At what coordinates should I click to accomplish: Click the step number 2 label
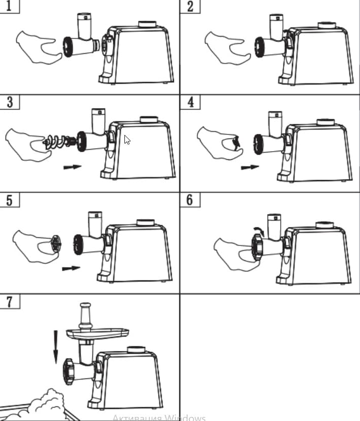190,7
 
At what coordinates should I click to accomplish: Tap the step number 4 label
190,102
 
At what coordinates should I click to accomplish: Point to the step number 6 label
190,200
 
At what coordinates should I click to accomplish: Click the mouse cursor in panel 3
127,139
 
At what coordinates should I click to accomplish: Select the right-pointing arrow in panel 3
72,166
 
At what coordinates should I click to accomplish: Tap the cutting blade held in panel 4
235,143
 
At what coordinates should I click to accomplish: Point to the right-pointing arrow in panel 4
249,166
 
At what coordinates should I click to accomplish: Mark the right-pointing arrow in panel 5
71,268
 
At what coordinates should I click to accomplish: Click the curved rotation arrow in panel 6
259,231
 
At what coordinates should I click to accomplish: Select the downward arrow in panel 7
54,346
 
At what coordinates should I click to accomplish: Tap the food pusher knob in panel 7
85,307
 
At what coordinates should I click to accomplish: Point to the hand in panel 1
37,47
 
